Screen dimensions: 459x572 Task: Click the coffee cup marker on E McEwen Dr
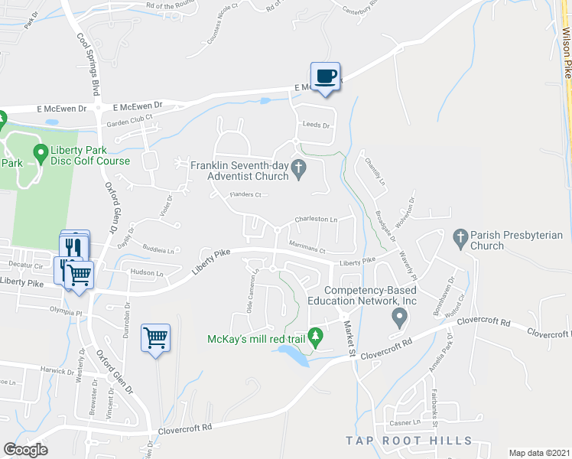click(x=327, y=77)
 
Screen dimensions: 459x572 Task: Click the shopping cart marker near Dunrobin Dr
click(x=155, y=337)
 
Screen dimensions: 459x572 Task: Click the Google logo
click(x=26, y=450)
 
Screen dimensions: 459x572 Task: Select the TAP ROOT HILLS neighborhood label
click(x=408, y=441)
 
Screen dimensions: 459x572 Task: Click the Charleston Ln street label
click(x=317, y=220)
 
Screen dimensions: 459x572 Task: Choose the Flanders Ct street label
click(x=246, y=195)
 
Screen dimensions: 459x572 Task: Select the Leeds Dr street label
click(x=315, y=125)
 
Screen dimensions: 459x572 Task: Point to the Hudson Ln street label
click(x=148, y=272)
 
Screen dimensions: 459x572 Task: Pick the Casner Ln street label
click(x=406, y=422)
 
